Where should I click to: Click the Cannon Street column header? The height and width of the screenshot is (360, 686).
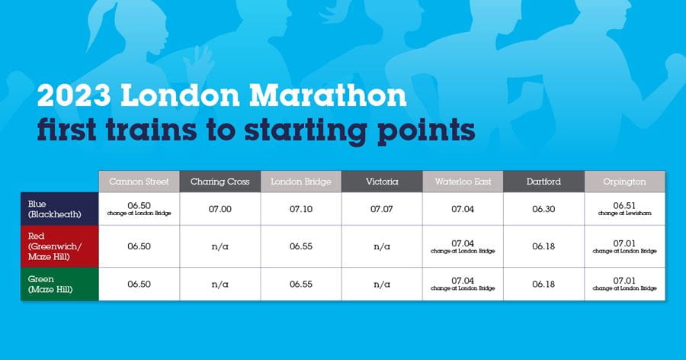pyautogui.click(x=139, y=182)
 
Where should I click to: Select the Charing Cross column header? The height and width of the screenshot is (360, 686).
pyautogui.click(x=220, y=182)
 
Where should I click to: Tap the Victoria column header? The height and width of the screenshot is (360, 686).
pyautogui.click(x=382, y=182)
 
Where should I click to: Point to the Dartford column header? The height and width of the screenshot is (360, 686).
pyautogui.click(x=543, y=182)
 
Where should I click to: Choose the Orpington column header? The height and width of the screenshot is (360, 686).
pyautogui.click(x=625, y=182)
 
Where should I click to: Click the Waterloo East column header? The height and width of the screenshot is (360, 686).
pyautogui.click(x=463, y=182)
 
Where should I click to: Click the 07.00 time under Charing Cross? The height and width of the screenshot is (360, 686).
pyautogui.click(x=220, y=209)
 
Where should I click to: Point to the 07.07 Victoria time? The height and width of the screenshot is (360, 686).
pyautogui.click(x=382, y=209)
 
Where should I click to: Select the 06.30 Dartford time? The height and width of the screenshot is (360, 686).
pyautogui.click(x=543, y=209)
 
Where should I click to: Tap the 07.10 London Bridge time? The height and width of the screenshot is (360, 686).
pyautogui.click(x=301, y=209)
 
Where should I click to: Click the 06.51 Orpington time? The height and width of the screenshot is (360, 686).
pyautogui.click(x=624, y=205)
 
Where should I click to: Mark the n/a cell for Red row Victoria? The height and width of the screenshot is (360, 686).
pyautogui.click(x=382, y=246)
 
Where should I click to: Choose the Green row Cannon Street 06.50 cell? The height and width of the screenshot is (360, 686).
pyautogui.click(x=139, y=284)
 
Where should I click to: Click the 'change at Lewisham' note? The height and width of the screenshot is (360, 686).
pyautogui.click(x=625, y=214)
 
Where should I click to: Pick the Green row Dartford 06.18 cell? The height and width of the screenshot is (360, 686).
pyautogui.click(x=543, y=284)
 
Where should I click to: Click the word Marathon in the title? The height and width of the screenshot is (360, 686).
pyautogui.click(x=328, y=95)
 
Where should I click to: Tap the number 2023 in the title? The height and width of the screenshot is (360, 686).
pyautogui.click(x=74, y=95)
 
